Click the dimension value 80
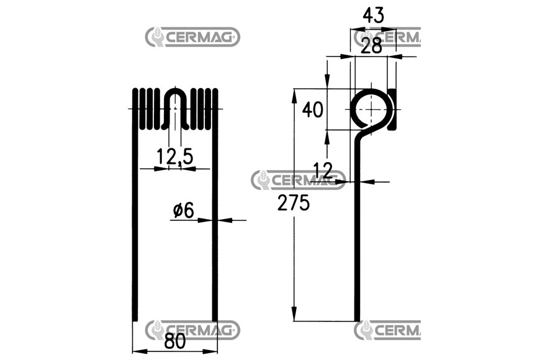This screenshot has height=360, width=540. (x=175, y=341)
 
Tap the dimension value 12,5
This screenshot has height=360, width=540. (x=174, y=157)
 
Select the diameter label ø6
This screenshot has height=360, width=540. (x=184, y=210)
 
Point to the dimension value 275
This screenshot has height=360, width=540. (x=294, y=202)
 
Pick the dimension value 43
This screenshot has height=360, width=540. (x=373, y=16)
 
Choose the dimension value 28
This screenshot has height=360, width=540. (x=371, y=46)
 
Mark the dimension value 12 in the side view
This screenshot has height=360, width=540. (x=323, y=169)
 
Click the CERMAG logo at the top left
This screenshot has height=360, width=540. (x=192, y=37)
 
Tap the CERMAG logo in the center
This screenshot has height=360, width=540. (x=298, y=180)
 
